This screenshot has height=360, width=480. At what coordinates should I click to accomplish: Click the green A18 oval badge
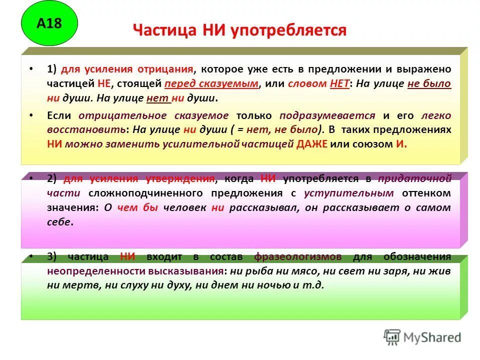click(49, 23)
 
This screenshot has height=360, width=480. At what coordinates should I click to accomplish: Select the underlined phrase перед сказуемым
click(210, 84)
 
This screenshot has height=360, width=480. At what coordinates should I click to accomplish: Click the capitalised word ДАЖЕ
click(312, 144)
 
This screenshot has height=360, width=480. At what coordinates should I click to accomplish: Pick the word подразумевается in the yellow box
click(327, 115)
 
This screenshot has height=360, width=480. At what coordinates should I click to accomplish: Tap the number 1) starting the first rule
click(53, 69)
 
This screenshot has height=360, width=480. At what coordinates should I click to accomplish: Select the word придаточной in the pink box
click(414, 178)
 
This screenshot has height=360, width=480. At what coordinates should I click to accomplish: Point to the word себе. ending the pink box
click(60, 222)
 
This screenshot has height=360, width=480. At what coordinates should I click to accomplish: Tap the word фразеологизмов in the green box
click(298, 257)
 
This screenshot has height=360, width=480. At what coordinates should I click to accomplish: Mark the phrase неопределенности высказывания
click(135, 271)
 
